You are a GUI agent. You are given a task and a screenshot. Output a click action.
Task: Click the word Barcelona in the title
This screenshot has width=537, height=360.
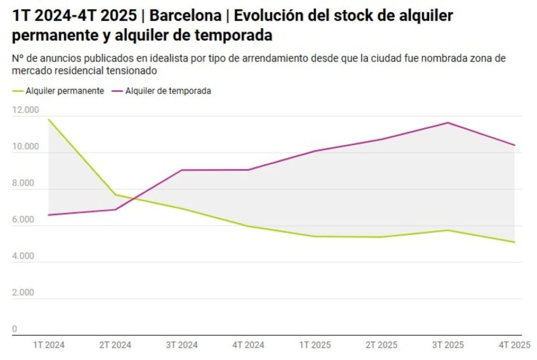(185, 16)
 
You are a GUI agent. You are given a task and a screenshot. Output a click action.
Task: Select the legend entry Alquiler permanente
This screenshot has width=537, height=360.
(65, 91)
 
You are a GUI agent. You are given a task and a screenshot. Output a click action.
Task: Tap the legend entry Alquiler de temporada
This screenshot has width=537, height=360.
(168, 91)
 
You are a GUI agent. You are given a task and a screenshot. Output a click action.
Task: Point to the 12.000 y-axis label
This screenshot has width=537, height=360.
(26, 110)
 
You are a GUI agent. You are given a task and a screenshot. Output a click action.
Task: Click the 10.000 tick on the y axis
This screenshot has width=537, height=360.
(26, 147)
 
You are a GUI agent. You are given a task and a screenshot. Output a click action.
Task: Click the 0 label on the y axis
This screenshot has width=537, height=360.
(14, 329)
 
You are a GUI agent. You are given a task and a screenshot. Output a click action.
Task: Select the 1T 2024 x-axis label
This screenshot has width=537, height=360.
(49, 345)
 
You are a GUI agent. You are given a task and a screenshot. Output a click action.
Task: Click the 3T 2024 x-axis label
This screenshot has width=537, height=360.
(182, 345)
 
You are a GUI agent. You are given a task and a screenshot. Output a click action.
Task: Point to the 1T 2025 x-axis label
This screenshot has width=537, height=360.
(315, 345)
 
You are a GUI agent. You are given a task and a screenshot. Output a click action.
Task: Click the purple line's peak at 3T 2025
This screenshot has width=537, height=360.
(448, 123)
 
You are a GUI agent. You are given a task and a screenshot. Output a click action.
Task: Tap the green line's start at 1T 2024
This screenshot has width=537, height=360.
(48, 119)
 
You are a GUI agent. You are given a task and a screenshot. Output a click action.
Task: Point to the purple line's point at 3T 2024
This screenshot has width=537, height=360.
(182, 170)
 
